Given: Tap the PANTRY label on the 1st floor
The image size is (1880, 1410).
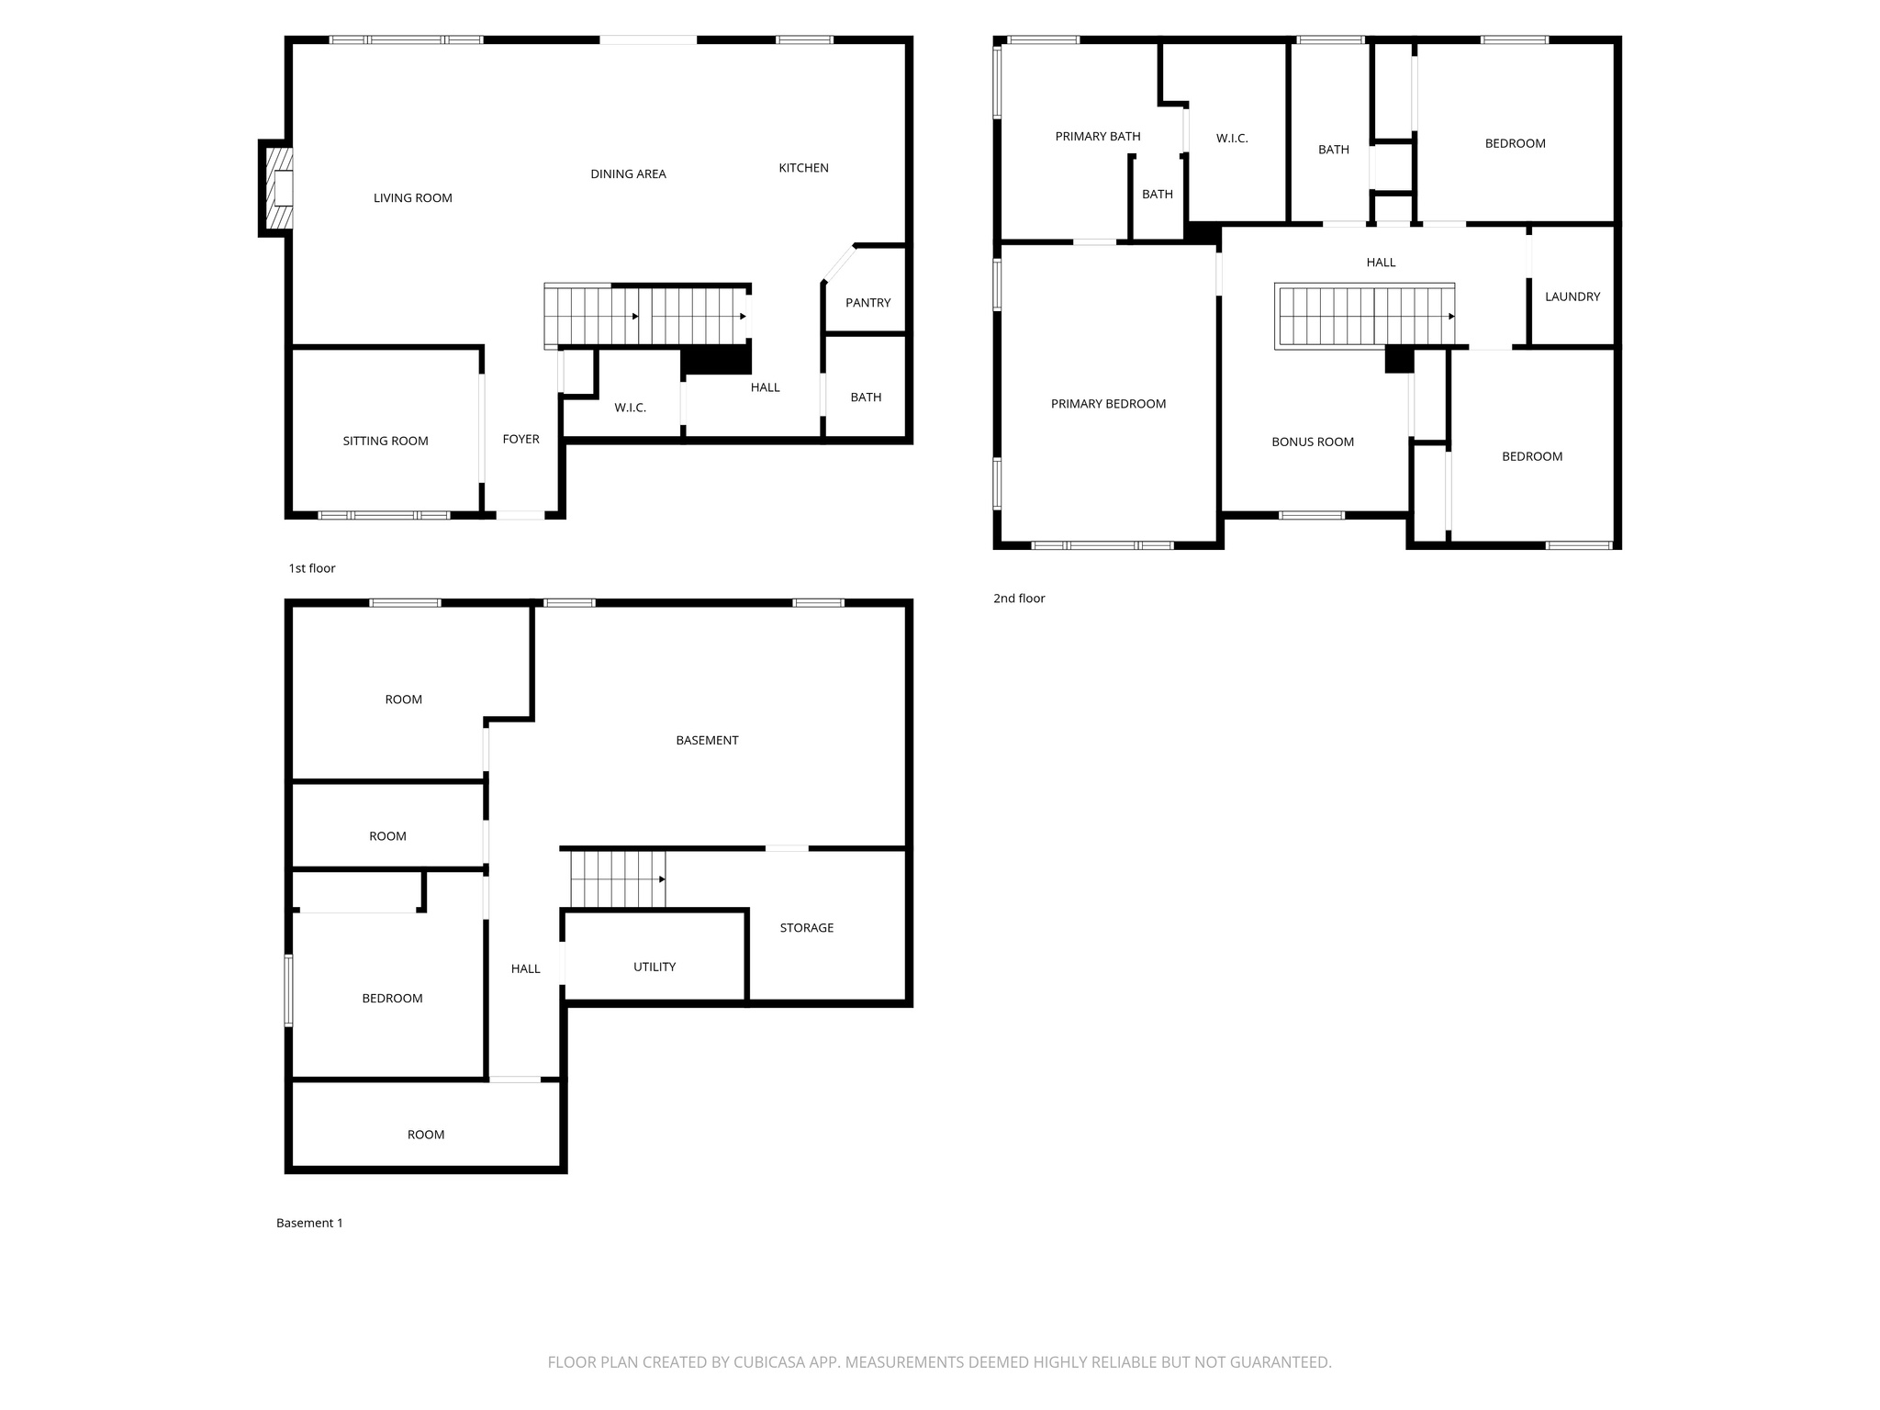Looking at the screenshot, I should point(867,303).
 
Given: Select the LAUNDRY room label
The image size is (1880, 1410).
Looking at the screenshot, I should point(1572,297).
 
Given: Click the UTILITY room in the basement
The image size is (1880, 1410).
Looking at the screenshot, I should point(654,967).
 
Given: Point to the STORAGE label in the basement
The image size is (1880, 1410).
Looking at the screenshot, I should point(806,928).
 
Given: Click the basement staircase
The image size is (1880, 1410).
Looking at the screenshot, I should point(617,879).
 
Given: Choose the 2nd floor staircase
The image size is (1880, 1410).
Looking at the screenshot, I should point(1365,316).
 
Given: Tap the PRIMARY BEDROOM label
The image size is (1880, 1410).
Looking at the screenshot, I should point(1108,404).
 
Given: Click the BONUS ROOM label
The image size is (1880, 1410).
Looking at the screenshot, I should point(1312,442).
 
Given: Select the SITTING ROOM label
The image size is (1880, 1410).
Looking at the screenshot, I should point(386,442).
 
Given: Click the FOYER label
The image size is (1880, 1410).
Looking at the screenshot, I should point(520,440).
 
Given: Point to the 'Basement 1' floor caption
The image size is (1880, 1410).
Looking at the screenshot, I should point(309,1223).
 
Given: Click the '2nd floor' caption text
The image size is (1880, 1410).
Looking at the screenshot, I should point(1019,599).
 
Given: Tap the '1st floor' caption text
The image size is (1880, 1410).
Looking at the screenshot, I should point(312,568).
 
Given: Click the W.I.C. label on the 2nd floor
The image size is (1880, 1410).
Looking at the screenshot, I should point(1232,139).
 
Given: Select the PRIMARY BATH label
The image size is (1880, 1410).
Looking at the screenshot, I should point(1097,137).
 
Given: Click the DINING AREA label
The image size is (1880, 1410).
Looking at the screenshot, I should point(628,174).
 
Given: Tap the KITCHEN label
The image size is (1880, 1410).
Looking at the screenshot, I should point(803,168).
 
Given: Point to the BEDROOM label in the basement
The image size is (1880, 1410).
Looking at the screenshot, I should point(392,999).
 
